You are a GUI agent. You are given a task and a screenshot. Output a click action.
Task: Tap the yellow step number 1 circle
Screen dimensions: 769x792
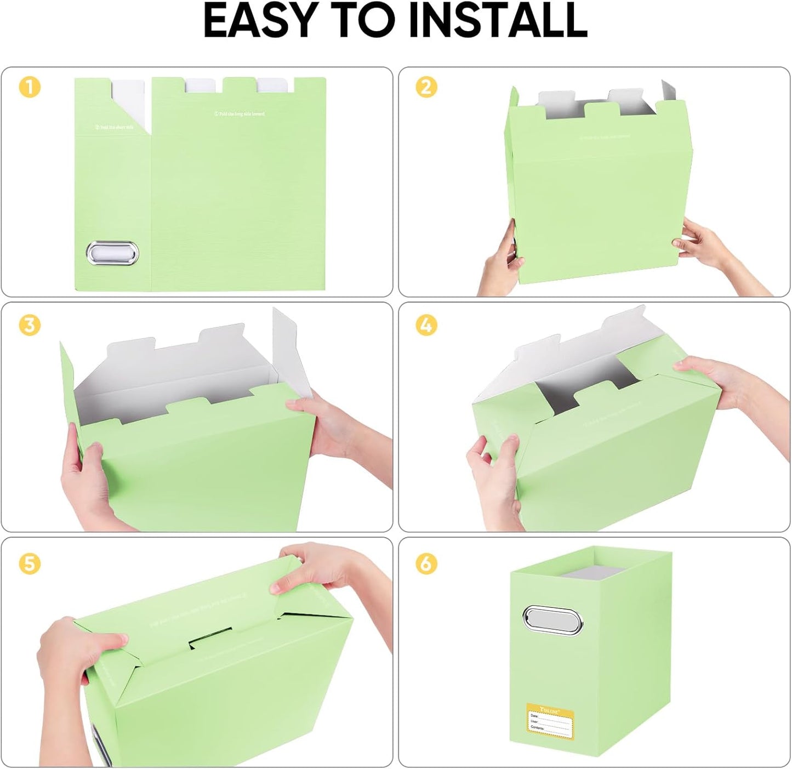coord(30,88)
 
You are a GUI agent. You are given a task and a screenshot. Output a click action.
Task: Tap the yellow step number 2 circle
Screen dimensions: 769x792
coord(426,88)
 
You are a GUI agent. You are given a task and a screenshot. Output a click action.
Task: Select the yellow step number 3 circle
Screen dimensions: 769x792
coord(30,325)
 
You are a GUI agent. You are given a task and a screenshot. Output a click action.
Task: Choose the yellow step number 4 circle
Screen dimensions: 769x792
coord(426,325)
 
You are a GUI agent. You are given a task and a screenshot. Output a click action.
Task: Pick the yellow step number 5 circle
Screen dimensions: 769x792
coord(30,563)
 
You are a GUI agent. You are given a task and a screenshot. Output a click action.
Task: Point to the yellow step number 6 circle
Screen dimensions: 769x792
coord(426,563)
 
